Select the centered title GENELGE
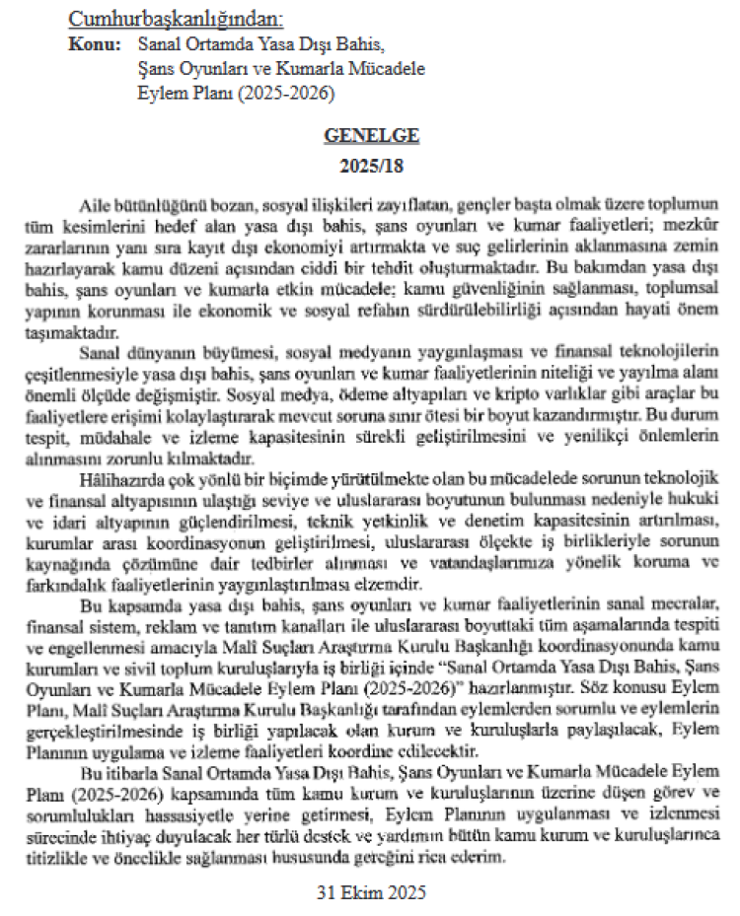pos(370,136)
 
